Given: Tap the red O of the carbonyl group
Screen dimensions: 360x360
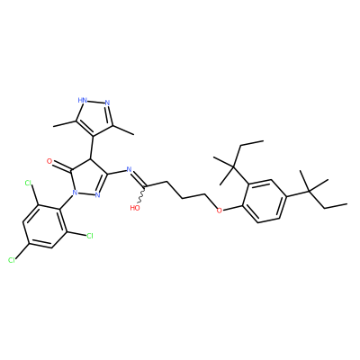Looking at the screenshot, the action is tap(49, 161).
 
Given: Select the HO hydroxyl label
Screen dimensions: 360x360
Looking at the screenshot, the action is tap(135, 207).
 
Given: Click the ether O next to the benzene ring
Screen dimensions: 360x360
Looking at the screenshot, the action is tap(220, 211).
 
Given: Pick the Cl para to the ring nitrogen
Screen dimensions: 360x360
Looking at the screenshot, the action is tap(12, 260).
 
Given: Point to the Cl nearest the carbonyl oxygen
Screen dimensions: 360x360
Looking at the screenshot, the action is tap(29, 183).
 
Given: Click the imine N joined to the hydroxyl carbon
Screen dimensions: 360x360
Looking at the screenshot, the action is tap(130, 169).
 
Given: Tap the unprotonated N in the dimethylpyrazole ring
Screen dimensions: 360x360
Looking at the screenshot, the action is tap(107, 103).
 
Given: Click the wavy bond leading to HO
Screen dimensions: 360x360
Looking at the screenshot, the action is tap(142, 196).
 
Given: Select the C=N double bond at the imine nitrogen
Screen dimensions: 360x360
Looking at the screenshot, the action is tap(139, 180).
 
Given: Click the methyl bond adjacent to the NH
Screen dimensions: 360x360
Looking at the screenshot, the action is tap(65, 123).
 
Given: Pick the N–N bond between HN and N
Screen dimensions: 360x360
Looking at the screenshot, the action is tap(96, 102).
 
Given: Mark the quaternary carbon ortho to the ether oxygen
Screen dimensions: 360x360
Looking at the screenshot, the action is tap(234, 166).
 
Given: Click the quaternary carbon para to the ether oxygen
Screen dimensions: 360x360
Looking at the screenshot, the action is tap(309, 190).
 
